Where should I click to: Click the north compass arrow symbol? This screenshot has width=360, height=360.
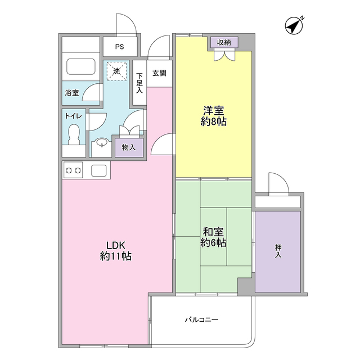pos(294,25)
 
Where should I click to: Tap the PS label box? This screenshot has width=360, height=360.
pos(119,47)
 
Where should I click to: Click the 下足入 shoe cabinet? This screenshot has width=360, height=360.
pos(139,82)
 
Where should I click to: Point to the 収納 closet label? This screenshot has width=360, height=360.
pos(224,42)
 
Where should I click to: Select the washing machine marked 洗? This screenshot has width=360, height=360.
pos(116,71)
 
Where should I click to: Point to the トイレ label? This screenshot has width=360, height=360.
pos(74,115)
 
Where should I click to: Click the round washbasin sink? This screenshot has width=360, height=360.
pos(101,144)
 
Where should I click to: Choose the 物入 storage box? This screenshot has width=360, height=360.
pos(129,147)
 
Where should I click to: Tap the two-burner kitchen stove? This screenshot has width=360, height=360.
pos(74,169)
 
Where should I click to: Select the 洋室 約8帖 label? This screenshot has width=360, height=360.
pos(214,116)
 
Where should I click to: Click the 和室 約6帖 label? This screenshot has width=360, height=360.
pos(214,237)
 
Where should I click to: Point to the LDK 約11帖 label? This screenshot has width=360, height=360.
pos(116,250)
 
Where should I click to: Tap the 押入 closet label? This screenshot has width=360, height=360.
pos(278,251)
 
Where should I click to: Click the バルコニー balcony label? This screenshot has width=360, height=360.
pos(201,320)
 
